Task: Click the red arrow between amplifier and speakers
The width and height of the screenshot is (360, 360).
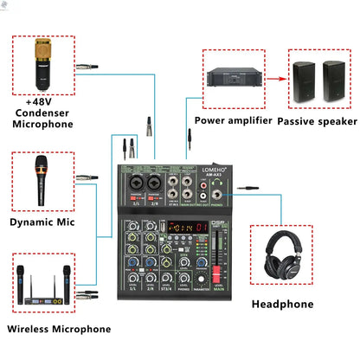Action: (x=274, y=78)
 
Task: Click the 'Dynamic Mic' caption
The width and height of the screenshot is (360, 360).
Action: (x=42, y=222)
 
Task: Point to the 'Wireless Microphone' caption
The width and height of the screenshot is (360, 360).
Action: (x=59, y=329)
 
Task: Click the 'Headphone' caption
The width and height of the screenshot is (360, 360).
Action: (x=283, y=304)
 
